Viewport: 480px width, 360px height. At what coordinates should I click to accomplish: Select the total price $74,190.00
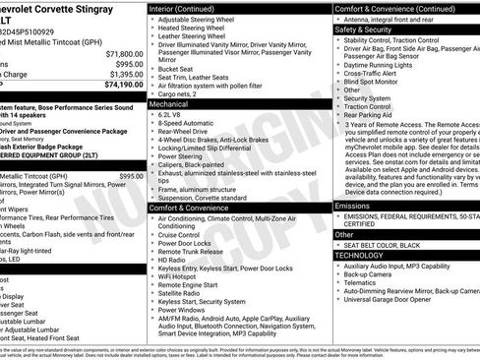click(x=120, y=85)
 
